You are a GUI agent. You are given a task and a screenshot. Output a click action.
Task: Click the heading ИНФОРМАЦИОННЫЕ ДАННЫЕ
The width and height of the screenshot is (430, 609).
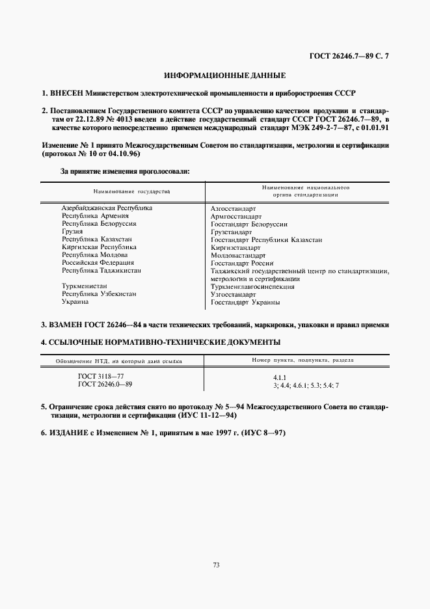tap(224, 75)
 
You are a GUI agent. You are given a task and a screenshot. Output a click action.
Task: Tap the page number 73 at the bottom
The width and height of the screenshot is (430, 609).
tap(215, 565)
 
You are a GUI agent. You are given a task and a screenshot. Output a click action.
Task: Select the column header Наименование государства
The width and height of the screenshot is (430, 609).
tap(131, 192)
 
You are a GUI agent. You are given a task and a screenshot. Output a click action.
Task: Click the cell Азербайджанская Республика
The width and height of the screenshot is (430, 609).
tap(107, 208)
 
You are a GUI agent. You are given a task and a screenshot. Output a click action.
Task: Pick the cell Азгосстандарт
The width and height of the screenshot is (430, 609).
tap(234, 208)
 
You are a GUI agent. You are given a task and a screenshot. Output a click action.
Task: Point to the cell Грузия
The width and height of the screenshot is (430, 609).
tap(72, 231)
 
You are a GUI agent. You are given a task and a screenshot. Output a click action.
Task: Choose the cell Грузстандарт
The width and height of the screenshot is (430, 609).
tap(232, 232)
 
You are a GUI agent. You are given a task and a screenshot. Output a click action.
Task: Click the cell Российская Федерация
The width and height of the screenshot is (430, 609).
tap(98, 262)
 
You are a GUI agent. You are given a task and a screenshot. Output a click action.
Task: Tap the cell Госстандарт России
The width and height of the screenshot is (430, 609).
tap(241, 263)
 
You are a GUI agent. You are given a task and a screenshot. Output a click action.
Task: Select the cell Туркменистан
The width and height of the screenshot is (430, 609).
tap(85, 286)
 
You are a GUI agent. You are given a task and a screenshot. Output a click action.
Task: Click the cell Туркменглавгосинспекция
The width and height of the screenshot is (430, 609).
tap(253, 286)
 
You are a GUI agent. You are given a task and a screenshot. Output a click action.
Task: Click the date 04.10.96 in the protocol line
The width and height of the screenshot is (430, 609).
tap(123, 154)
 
